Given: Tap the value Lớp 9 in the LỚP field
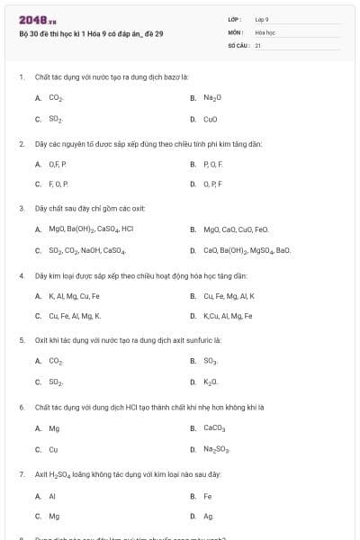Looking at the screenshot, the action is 262,19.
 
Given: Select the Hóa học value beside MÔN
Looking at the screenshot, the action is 265,31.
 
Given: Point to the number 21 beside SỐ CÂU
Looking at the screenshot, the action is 257,44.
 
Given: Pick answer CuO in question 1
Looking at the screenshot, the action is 211,119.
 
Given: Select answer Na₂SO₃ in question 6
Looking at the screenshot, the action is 218,449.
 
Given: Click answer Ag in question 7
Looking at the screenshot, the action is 209,516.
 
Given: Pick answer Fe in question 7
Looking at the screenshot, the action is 208,495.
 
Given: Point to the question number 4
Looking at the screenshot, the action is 22,274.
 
